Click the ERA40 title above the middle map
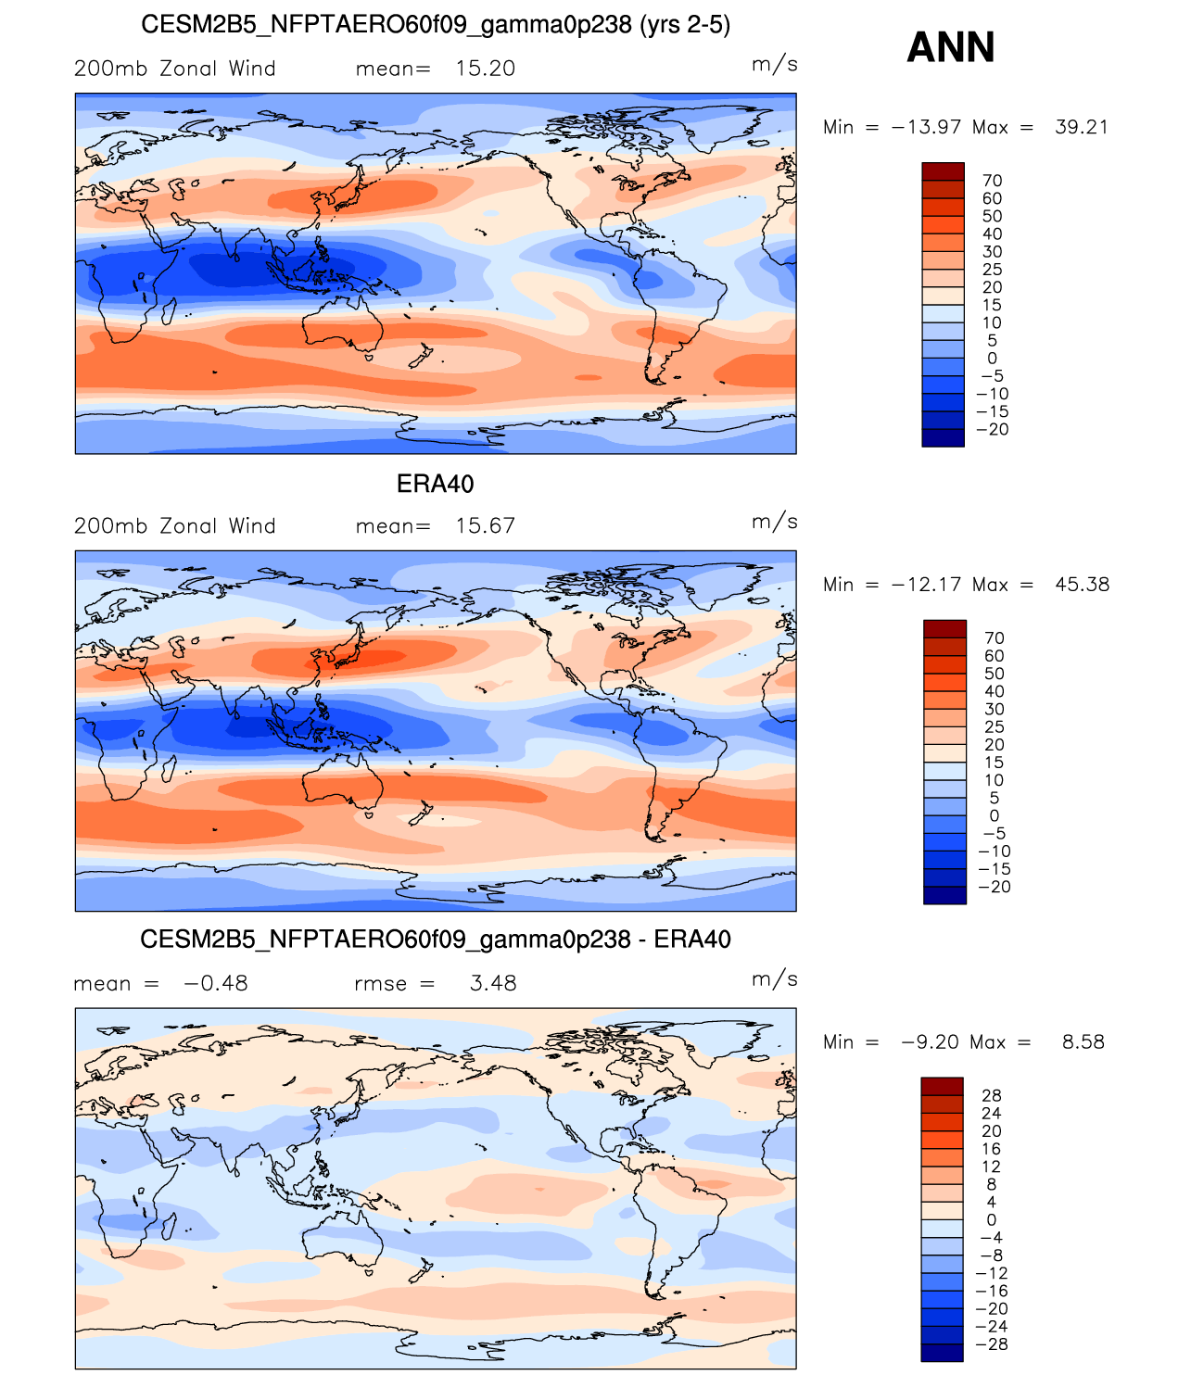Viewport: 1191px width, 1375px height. pos(435,484)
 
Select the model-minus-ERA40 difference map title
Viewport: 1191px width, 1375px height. pos(435,939)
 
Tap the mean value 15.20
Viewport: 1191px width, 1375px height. pos(485,69)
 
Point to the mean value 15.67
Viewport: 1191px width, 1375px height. pos(485,525)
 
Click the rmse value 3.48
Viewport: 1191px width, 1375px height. pos(493,982)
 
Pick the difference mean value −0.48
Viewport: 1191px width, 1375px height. pos(216,982)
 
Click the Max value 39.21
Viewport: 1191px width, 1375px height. pos(1082,127)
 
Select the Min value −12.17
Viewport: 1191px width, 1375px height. pos(926,585)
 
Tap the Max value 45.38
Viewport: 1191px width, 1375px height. pos(1082,585)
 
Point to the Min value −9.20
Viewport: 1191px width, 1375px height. pos(930,1041)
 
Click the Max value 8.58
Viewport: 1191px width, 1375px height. pos(1083,1041)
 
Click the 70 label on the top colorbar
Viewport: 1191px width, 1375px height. pos(992,181)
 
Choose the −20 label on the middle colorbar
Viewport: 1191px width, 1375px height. pos(995,887)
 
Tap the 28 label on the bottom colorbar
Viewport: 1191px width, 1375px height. pos(991,1095)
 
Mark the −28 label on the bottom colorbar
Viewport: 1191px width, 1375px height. pos(992,1343)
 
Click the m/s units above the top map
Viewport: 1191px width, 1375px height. pos(774,65)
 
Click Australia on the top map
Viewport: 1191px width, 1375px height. pos(342,324)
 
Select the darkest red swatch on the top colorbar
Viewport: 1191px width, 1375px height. pos(943,171)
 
